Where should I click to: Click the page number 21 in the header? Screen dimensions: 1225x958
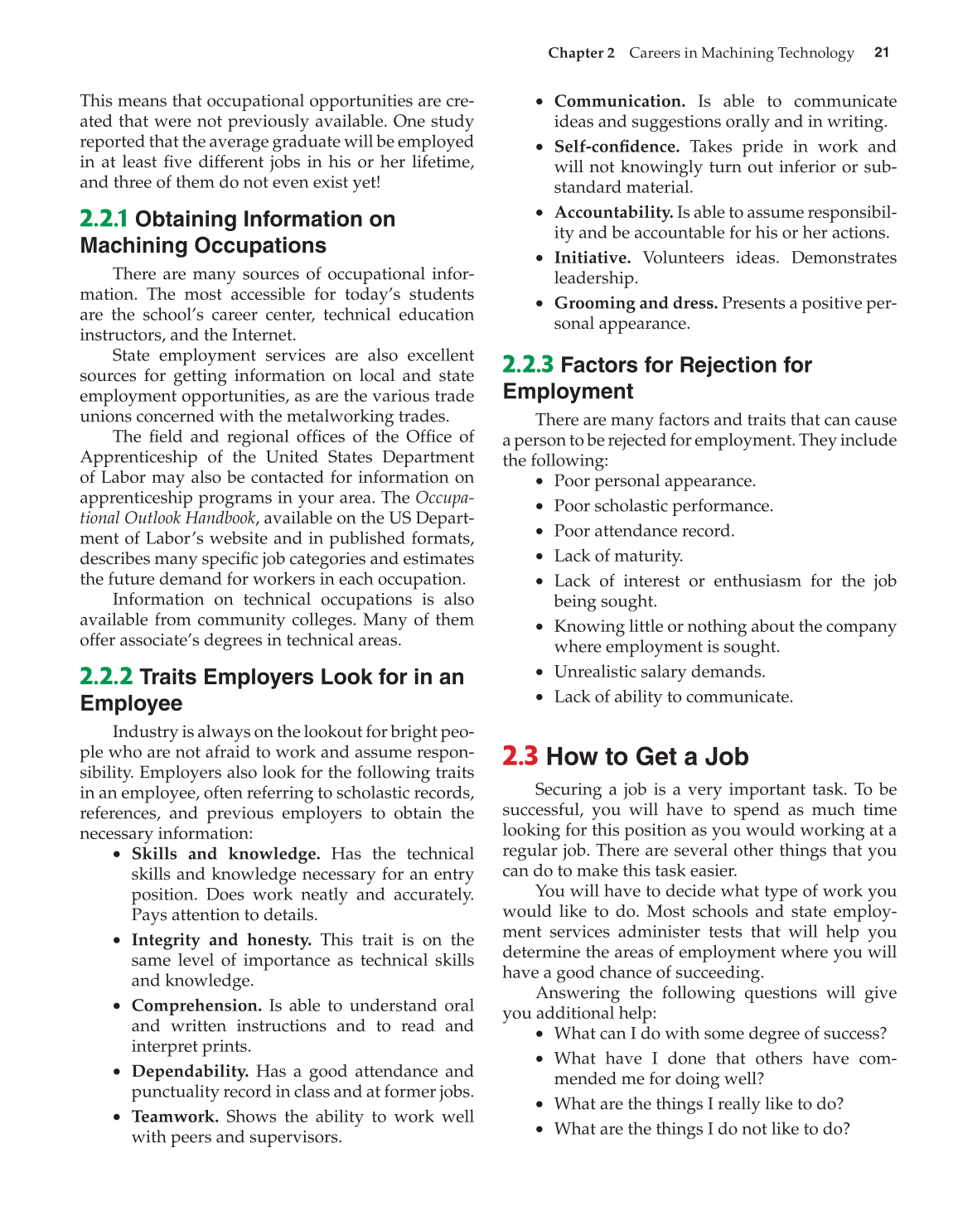point(882,52)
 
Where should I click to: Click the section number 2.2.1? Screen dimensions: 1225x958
point(104,219)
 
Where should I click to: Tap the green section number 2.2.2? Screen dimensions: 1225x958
point(106,677)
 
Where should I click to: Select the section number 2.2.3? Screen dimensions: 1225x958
point(528,365)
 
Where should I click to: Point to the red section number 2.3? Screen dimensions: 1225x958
point(520,756)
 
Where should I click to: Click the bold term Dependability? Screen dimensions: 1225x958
point(190,1072)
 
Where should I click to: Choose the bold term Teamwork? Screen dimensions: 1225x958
point(175,1116)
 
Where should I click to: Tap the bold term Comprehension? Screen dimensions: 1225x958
point(196,1006)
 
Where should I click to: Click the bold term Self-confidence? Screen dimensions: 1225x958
point(617,147)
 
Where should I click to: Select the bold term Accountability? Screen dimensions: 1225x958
point(613,213)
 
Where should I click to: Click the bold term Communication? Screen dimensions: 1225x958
point(619,101)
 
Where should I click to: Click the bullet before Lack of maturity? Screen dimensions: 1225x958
point(540,557)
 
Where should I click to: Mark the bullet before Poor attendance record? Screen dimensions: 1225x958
point(540,532)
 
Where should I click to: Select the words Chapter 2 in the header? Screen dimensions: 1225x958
point(581,53)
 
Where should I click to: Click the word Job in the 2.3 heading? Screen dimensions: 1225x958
point(726,756)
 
